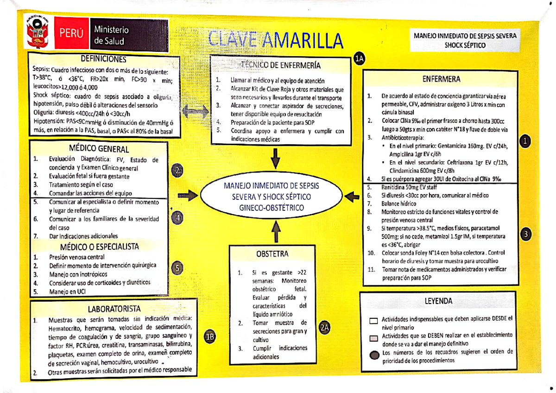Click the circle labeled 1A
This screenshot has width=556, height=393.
click(360, 58)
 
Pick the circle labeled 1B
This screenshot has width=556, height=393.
click(210, 337)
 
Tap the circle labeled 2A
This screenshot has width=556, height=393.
click(324, 328)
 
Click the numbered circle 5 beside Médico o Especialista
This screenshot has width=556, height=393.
click(179, 267)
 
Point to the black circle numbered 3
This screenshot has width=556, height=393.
click(525, 235)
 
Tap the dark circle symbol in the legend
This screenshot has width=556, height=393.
click(374, 355)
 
